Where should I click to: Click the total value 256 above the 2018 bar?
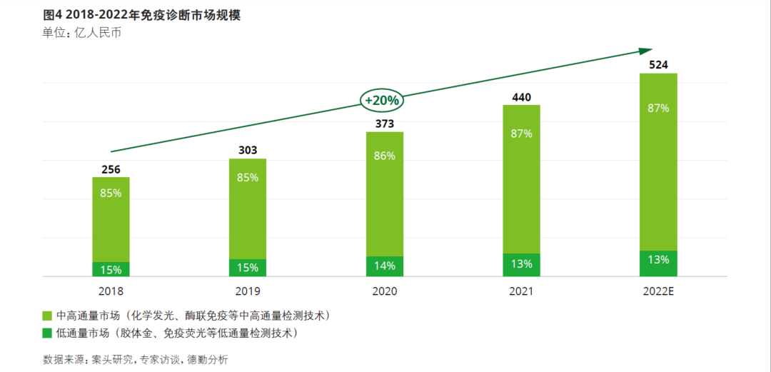point(111,168)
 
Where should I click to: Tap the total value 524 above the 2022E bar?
point(658,65)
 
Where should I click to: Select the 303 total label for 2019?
point(247,150)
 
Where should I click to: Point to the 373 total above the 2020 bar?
point(384,124)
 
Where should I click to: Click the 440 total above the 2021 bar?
point(521,97)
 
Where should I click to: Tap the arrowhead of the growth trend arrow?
point(645,51)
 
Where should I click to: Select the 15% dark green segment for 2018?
point(111,269)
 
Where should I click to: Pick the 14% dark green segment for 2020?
point(384,266)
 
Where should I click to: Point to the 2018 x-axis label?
point(111,291)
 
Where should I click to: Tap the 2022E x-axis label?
point(658,291)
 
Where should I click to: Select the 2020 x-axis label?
point(384,291)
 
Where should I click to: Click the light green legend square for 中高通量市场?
point(47,316)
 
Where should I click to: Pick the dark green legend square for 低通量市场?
point(47,333)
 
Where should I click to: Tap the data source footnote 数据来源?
point(135,359)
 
